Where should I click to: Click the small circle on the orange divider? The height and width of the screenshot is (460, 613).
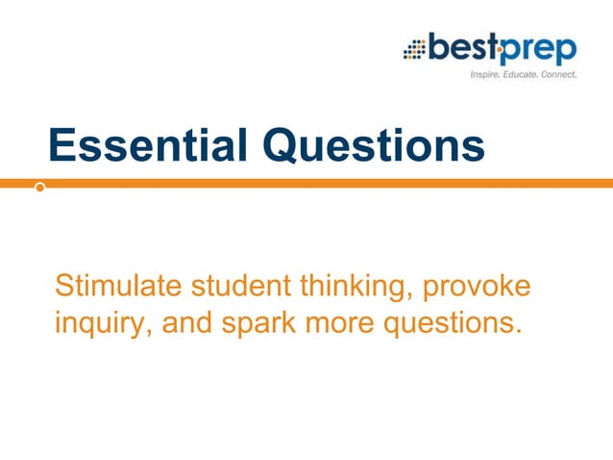click(x=39, y=188)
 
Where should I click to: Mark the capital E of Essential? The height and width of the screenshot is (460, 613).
click(x=61, y=145)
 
